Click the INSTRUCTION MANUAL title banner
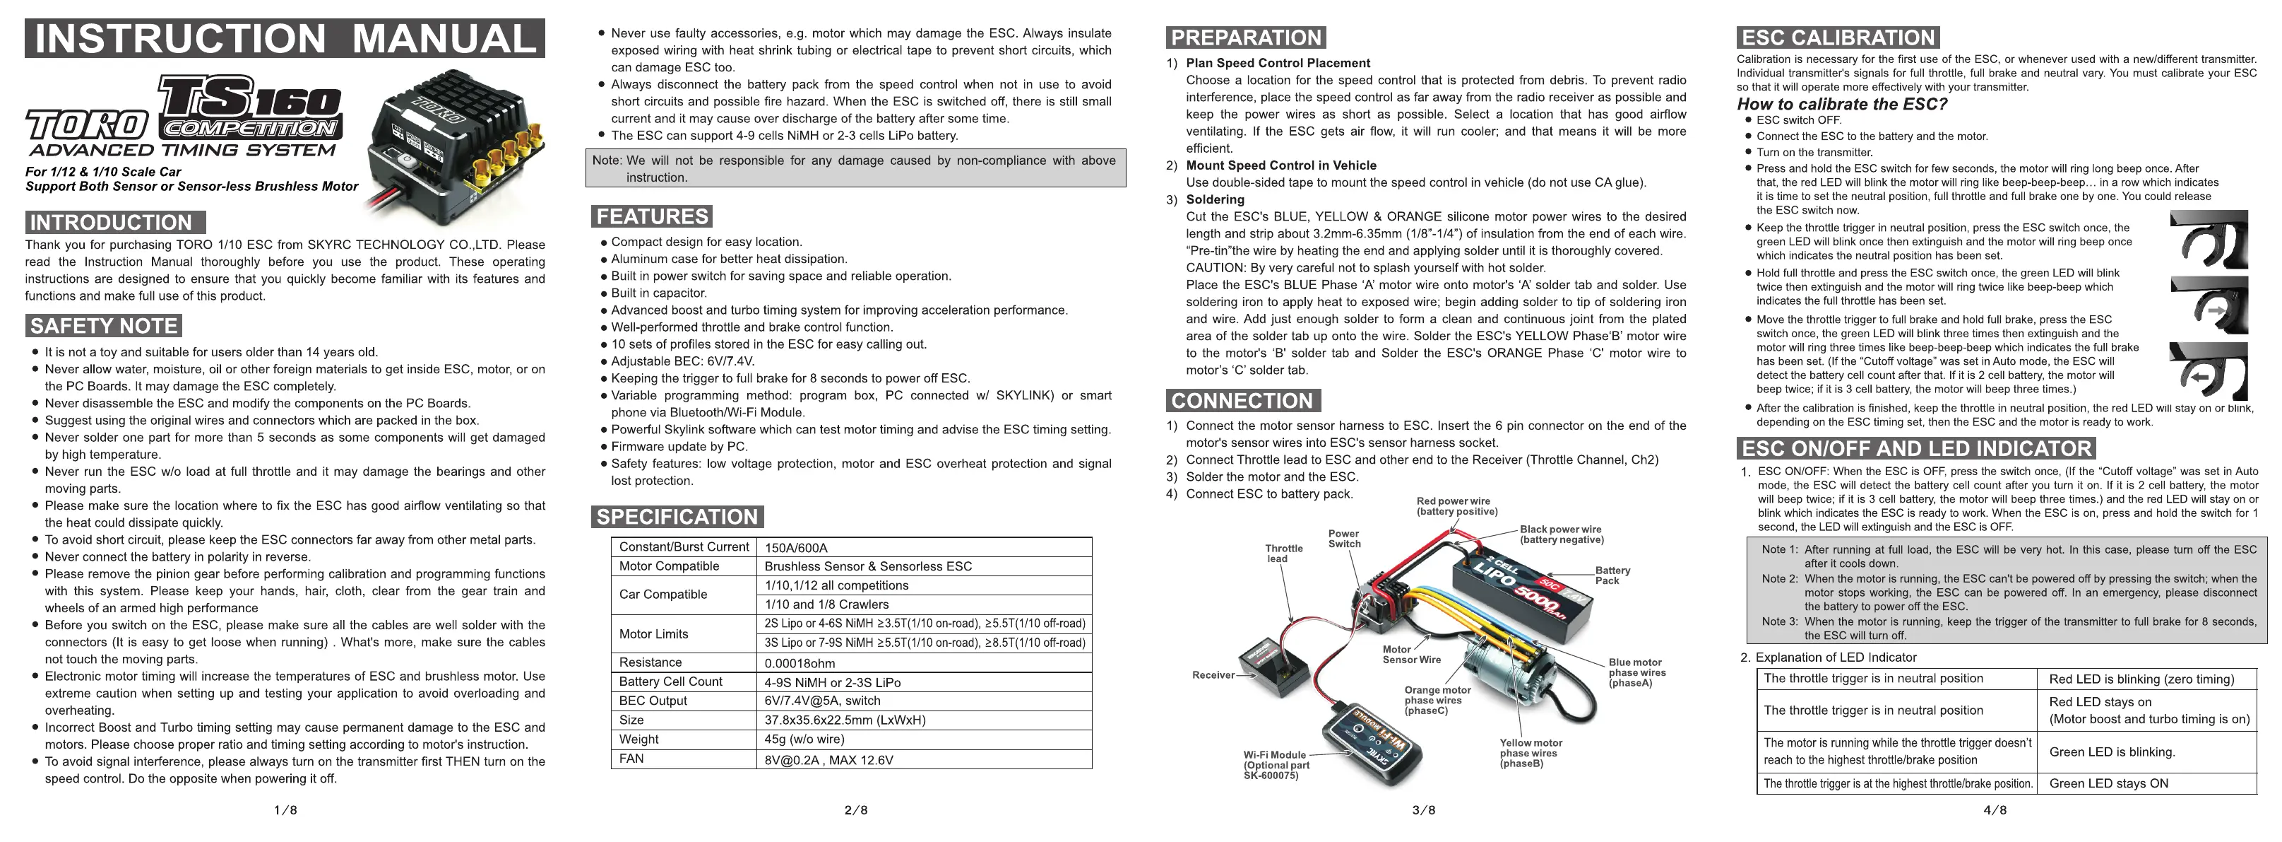[285, 39]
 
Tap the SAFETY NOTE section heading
[105, 326]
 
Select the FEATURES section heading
[652, 216]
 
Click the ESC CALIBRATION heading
[1838, 38]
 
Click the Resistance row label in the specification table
[650, 662]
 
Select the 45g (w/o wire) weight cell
[804, 739]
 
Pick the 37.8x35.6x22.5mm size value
[845, 720]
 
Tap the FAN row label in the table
[631, 759]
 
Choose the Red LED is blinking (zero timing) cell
[2141, 679]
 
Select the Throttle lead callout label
[1283, 553]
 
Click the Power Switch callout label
[1344, 539]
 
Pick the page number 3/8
[1424, 810]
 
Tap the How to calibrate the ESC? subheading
[1842, 104]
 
